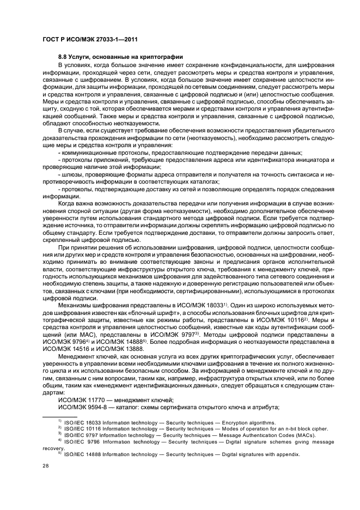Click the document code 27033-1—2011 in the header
[99, 39]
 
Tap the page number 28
[45, 465]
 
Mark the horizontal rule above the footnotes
[61, 416]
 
